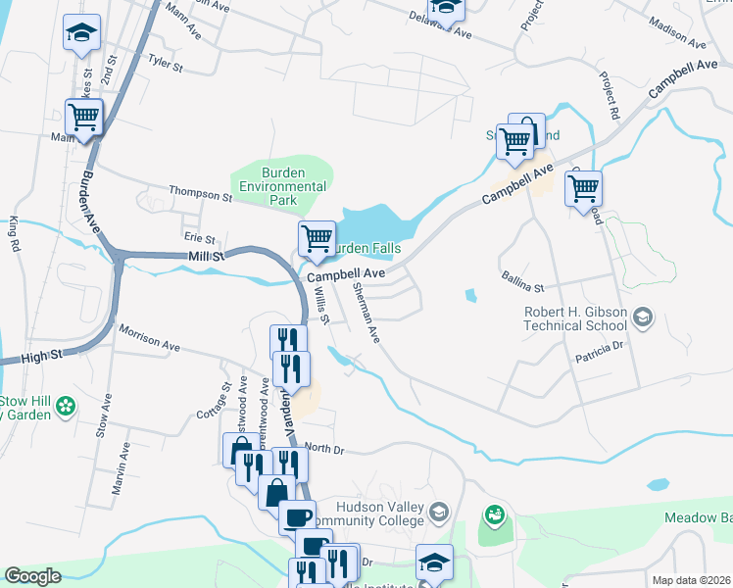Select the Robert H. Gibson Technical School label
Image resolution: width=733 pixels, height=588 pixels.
(574, 318)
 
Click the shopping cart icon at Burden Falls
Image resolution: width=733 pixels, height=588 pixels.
(317, 237)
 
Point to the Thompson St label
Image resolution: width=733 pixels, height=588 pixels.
(199, 193)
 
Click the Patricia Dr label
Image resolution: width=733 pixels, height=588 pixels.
(600, 349)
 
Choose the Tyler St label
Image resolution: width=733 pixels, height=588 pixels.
(166, 65)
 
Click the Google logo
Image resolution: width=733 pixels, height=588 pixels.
(32, 576)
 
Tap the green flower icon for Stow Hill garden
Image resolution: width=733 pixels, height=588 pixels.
(66, 405)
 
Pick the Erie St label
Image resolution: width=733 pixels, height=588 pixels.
(199, 236)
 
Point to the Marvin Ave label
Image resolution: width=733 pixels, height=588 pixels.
(121, 469)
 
